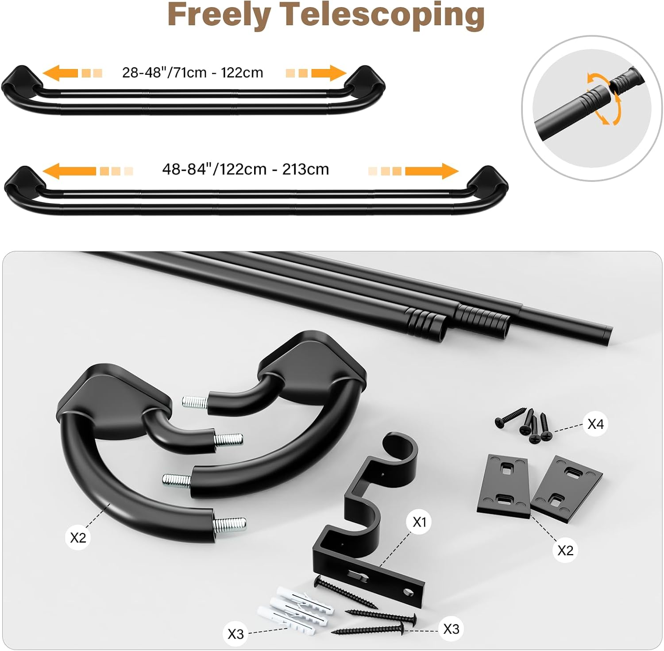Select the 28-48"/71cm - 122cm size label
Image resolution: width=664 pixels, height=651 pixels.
pos(193,72)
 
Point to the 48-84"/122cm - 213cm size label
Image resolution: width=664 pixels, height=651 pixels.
pos(246,169)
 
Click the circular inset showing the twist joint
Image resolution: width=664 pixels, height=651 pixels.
pos(592,108)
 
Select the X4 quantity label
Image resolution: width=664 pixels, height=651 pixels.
pos(595,424)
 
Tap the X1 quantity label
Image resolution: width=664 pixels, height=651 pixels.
pos(419,522)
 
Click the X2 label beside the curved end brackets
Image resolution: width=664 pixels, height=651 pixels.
pos(78,537)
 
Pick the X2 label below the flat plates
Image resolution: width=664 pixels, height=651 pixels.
pos(565,550)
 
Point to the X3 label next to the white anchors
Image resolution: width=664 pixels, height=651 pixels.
pos(235,634)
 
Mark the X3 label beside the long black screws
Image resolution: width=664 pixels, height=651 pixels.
pos(451,628)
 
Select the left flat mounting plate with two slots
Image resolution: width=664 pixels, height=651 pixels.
pos(503,486)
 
